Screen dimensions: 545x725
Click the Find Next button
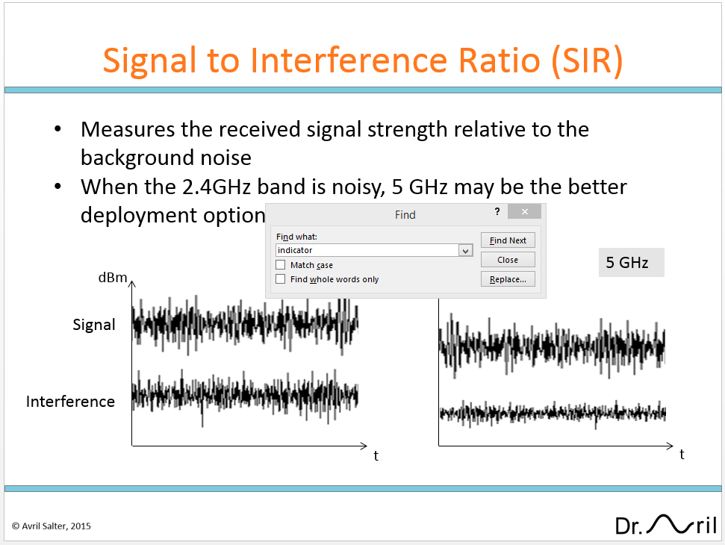click(508, 240)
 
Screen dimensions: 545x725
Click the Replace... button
click(508, 279)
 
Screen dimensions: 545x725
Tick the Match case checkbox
click(281, 265)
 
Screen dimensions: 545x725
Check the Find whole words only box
click(281, 279)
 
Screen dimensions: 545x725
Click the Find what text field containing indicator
click(366, 250)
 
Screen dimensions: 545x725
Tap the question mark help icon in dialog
click(497, 212)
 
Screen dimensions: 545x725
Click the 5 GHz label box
click(631, 263)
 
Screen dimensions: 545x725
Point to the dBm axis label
click(113, 278)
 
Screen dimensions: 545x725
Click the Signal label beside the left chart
click(94, 325)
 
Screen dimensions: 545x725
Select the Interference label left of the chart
click(70, 402)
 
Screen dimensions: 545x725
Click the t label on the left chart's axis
click(376, 455)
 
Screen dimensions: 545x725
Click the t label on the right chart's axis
click(682, 454)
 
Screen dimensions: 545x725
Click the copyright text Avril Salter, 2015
click(51, 526)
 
